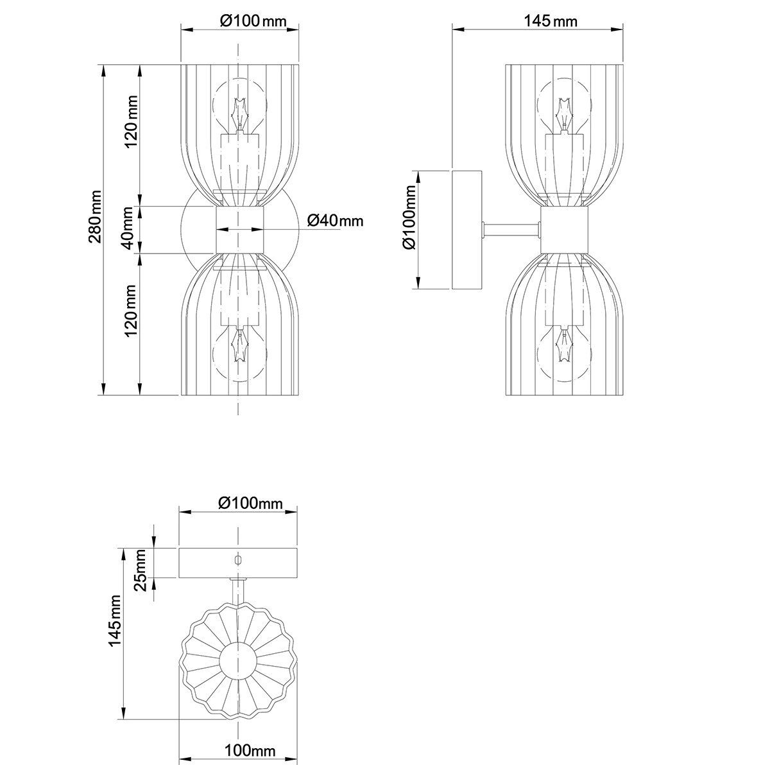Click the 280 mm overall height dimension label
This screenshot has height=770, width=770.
tap(94, 217)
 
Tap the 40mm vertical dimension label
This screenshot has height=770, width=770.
tap(128, 228)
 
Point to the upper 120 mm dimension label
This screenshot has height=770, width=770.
tap(132, 121)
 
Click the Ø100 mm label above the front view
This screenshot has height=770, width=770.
tap(252, 21)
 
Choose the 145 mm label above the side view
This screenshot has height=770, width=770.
tap(551, 21)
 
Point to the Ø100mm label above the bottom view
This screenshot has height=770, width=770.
tap(250, 503)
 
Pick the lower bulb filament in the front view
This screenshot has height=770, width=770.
tap(240, 347)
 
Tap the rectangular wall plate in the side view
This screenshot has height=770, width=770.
tap(466, 229)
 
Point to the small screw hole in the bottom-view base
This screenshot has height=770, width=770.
tap(238, 560)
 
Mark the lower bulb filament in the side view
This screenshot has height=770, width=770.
tap(564, 347)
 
